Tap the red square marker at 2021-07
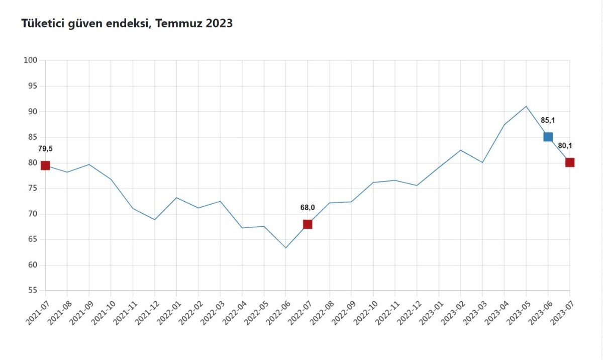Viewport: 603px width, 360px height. (45, 165)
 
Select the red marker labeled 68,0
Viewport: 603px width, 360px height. (308, 224)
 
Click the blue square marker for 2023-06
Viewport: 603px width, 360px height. (548, 137)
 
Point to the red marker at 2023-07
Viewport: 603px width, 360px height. (570, 162)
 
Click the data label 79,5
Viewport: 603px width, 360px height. (45, 149)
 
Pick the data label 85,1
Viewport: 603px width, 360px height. (548, 120)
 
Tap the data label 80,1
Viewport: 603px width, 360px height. (565, 146)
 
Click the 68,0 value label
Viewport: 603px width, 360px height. (308, 208)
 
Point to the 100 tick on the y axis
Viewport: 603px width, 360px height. (31, 60)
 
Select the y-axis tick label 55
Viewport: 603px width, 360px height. (33, 291)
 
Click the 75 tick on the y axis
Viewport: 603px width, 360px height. (33, 188)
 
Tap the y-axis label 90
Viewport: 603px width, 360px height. (33, 112)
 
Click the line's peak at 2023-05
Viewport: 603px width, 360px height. (526, 106)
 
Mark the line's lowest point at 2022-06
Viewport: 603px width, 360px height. (285, 248)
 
